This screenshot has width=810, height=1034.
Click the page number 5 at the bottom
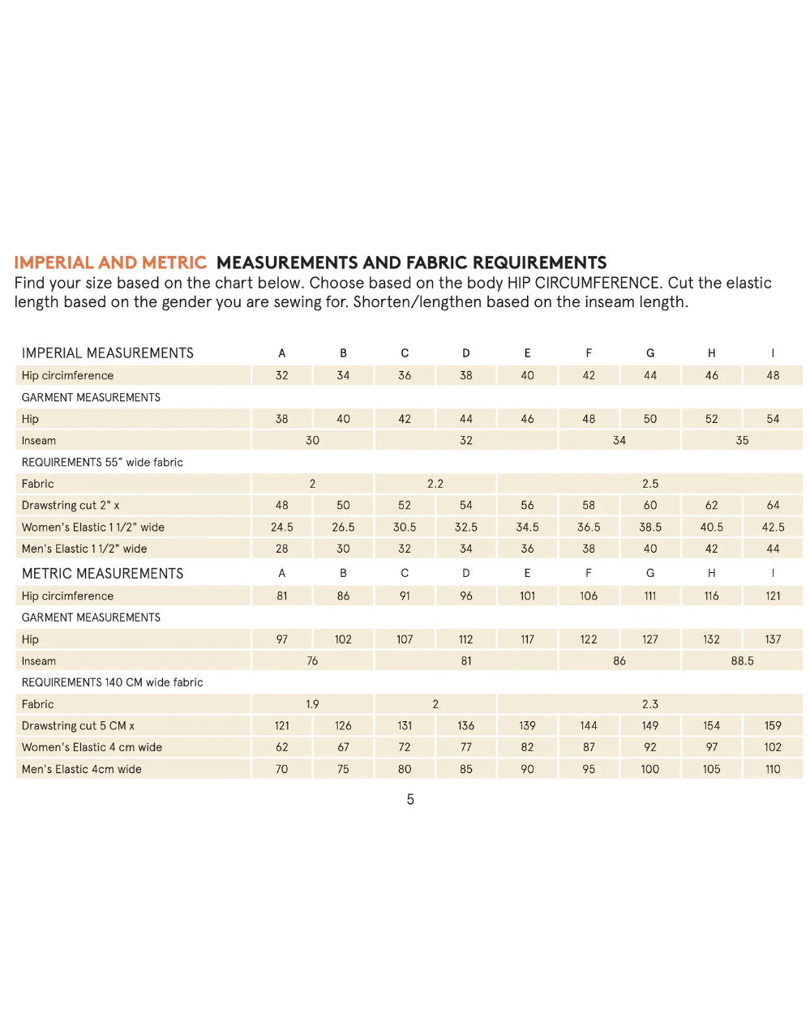point(410,800)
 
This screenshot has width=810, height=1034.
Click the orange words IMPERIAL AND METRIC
point(110,263)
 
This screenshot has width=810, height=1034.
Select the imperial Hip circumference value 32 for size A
point(282,375)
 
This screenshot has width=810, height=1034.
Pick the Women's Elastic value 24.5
point(282,527)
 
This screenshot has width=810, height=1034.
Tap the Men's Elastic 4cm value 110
point(773,769)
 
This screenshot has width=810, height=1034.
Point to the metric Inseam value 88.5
point(742,660)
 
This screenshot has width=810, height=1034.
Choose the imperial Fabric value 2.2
point(435,484)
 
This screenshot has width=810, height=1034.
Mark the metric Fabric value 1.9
point(312,704)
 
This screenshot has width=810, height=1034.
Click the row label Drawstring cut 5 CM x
point(78,726)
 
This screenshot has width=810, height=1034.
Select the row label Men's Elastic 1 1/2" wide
point(84,549)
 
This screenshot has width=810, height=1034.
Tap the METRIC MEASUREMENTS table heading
point(102,574)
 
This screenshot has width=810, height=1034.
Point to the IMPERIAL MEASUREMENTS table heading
point(107,353)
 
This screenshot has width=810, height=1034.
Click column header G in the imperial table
point(650,353)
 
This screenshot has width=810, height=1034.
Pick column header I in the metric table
point(773,574)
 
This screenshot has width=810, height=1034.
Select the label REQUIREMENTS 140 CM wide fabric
point(112,682)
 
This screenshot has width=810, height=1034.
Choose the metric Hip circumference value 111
point(650,596)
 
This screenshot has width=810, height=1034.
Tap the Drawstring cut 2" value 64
point(773,505)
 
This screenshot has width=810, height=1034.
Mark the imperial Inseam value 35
point(742,441)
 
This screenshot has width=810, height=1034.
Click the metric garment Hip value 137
point(773,639)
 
